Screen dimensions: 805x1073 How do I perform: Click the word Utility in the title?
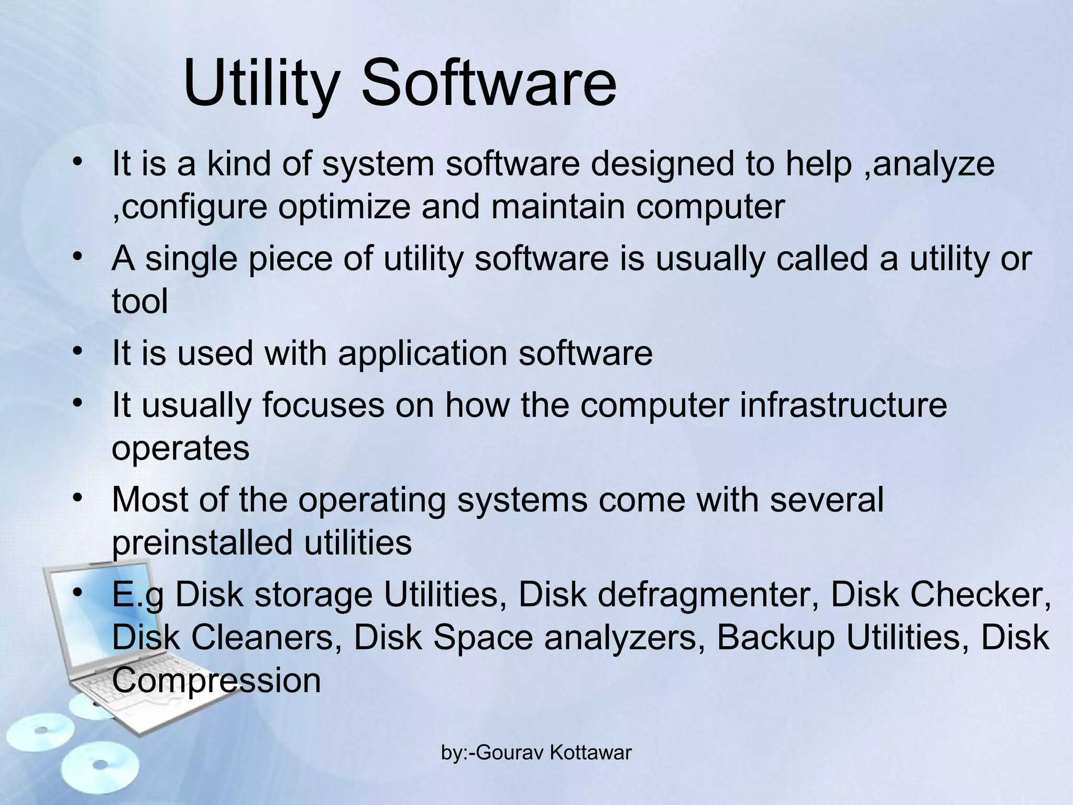click(x=259, y=84)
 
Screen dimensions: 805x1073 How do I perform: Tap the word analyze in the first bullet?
click(x=934, y=164)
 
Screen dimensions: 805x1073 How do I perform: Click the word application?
click(x=422, y=353)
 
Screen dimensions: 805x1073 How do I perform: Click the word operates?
click(x=180, y=448)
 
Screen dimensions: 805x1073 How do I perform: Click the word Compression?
click(x=216, y=680)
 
